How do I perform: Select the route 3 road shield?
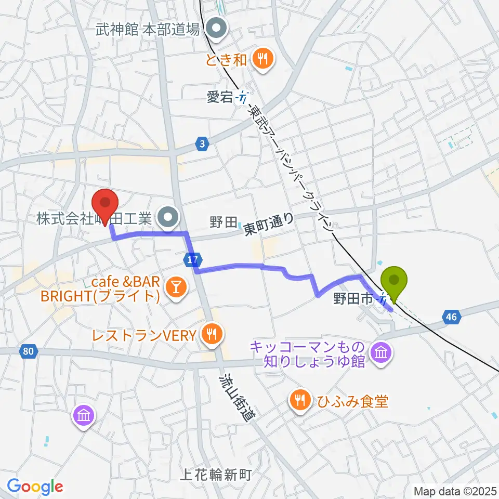202,143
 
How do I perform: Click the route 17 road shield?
192,258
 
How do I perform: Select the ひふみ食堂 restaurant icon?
299,400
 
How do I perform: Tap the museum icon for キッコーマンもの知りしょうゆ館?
382,353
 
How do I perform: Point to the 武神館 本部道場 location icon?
214,30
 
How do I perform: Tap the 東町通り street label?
269,225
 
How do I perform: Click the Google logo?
35,487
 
